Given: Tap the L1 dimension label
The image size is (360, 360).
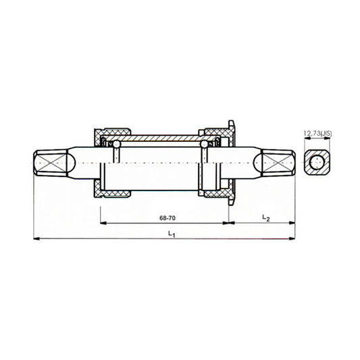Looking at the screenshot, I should click(172, 234).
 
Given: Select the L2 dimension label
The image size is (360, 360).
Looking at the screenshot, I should click(265, 217).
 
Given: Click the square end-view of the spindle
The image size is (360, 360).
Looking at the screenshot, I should click(316, 162).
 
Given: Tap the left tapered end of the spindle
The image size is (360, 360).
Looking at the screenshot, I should click(53, 163).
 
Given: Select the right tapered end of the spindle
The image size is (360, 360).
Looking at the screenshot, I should click(278, 163).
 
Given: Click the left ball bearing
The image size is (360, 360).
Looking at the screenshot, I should click(117, 144).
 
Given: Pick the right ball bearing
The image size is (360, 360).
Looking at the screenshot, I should click(204, 144).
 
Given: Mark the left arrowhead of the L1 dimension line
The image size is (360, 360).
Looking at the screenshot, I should click(36, 238).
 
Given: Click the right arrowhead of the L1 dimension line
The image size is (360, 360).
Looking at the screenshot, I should click(293, 238).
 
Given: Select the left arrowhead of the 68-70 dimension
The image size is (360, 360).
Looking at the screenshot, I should click(103, 222).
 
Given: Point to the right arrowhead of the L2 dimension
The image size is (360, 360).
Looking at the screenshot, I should click(293, 222).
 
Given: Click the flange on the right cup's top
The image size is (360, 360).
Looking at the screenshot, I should click(231, 126).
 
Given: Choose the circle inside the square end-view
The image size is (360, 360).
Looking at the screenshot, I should click(316, 162).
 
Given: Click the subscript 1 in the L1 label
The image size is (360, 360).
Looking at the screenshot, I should click(175, 235).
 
